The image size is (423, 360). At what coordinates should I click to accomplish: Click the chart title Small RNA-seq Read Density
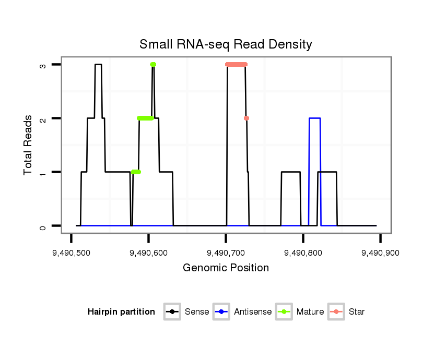click(226, 45)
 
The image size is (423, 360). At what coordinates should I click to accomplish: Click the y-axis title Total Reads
click(29, 145)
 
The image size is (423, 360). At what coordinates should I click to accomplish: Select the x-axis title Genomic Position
click(226, 268)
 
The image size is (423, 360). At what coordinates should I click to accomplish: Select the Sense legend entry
click(187, 312)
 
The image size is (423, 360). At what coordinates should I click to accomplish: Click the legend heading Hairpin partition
click(121, 312)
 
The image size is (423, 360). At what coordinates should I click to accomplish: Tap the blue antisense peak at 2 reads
click(314, 118)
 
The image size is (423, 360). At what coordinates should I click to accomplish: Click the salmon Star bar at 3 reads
click(236, 65)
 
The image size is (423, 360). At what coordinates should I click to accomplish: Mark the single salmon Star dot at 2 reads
click(246, 118)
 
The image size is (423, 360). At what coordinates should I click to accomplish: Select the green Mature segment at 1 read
click(136, 172)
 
